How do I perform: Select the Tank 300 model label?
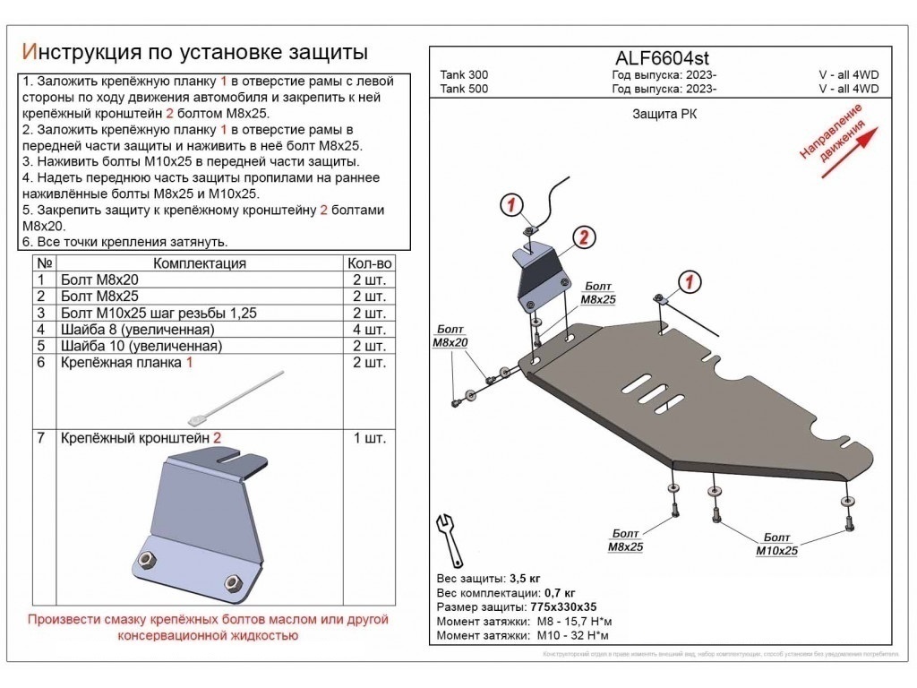click(464, 75)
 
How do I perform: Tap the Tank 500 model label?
click(464, 89)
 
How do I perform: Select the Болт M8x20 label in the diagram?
click(450, 336)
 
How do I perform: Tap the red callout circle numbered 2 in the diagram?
click(582, 237)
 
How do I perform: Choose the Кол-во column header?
click(368, 263)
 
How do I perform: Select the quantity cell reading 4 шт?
click(368, 330)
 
